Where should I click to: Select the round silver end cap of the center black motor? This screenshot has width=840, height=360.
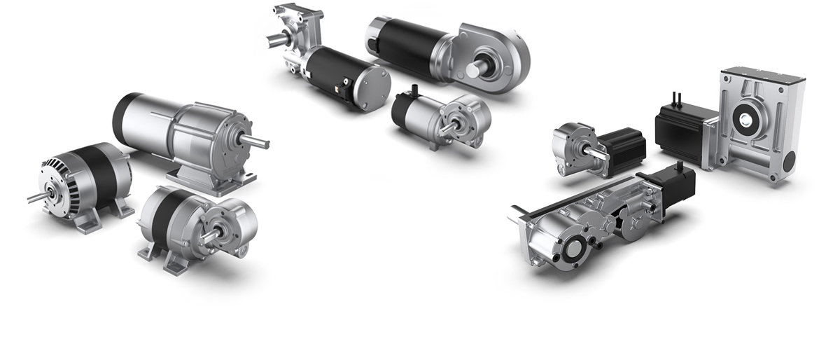[371, 86]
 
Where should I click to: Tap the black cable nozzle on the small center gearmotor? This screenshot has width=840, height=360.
[414, 90]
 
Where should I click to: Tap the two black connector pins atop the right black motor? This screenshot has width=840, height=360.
[678, 94]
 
